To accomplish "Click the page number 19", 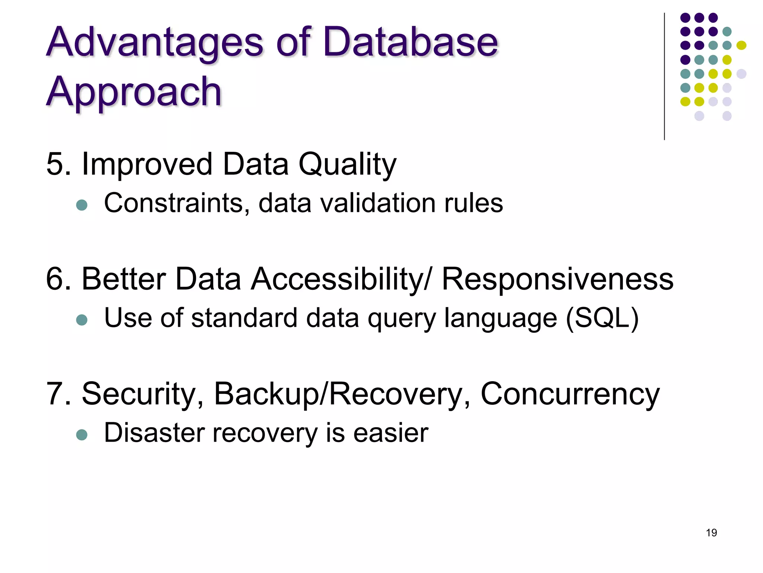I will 711,533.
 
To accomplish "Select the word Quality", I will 347,165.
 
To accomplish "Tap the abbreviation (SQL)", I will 602,318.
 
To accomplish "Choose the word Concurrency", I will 570,395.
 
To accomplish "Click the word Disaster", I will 155,433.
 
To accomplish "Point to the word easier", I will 391,433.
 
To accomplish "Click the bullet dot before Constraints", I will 82,205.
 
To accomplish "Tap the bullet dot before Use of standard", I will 82,320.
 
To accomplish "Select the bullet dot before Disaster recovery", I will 82,435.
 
